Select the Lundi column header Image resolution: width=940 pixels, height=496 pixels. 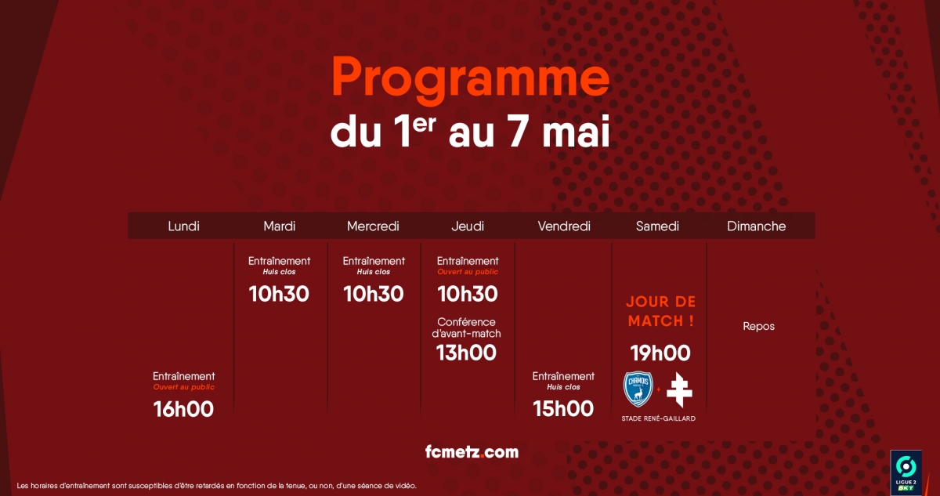183,226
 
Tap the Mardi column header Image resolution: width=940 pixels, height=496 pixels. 280,226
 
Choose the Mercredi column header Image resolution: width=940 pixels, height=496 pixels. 373,226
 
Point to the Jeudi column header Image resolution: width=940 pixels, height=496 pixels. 468,226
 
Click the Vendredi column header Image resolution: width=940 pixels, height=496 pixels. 564,226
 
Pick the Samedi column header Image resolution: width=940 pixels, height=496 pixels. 657,226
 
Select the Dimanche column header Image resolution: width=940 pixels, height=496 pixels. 756,226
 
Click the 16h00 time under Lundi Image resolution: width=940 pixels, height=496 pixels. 183,409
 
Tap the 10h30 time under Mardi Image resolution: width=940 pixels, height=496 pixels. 279,294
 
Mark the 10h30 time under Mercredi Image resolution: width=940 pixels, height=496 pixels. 374,294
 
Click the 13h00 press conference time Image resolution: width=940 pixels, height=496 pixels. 466,353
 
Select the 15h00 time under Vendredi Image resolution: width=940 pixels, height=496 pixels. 563,409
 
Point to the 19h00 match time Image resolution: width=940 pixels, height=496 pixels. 660,353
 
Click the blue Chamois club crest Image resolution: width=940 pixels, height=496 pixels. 638,389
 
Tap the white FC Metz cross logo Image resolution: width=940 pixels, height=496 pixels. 679,390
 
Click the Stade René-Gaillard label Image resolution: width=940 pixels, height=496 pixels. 659,418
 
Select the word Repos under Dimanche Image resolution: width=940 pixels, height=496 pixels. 759,327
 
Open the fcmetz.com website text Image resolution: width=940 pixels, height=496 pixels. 472,452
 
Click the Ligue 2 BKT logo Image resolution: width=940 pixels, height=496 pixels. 906,472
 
